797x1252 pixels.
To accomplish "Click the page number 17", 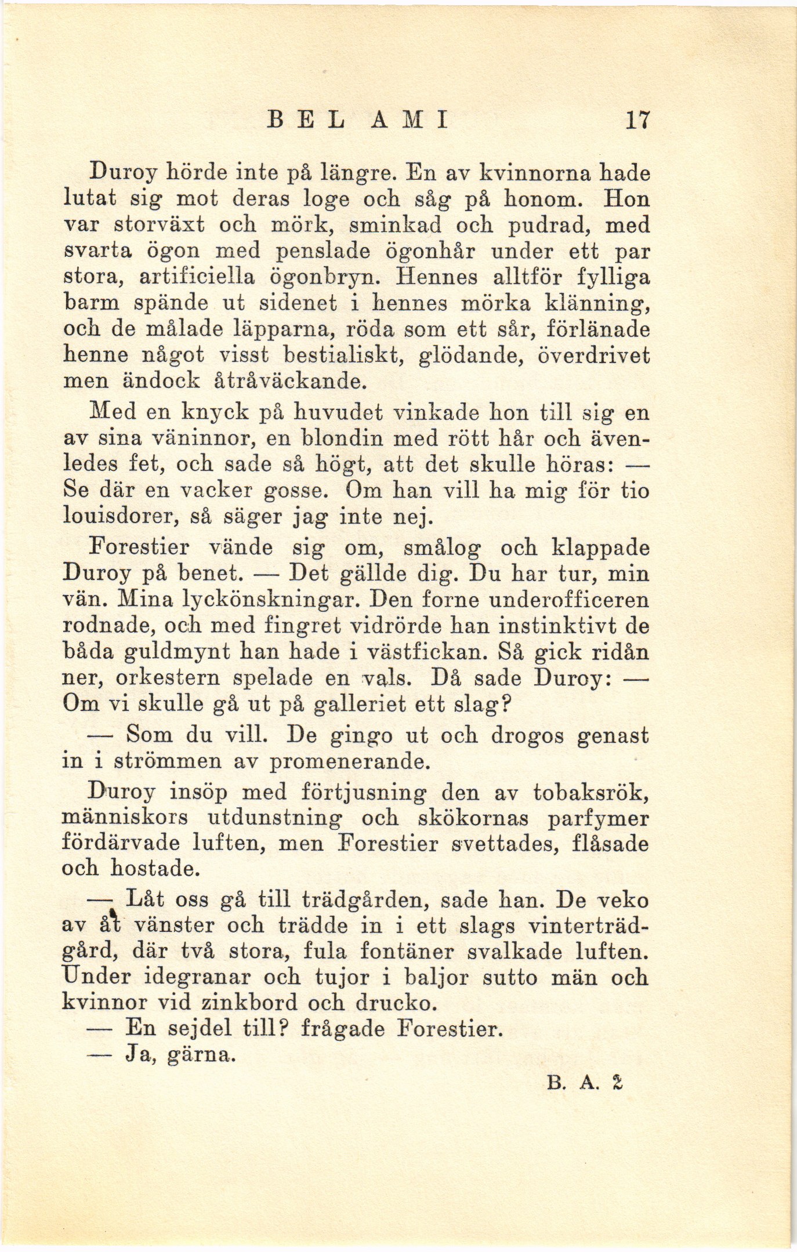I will (637, 120).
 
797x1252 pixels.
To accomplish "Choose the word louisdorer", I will (121, 517).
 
